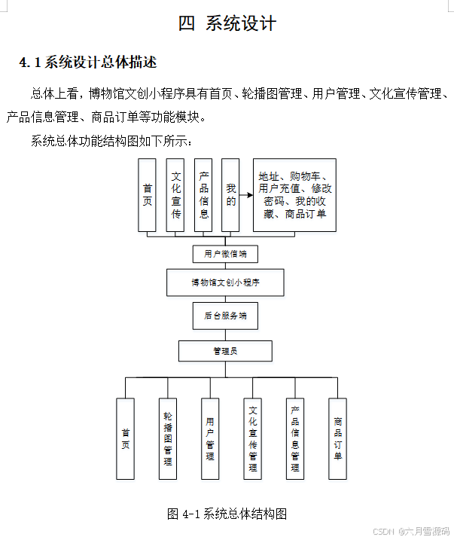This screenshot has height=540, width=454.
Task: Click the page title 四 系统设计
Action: click(x=227, y=23)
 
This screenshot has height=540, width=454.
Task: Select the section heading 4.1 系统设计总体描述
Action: click(x=88, y=62)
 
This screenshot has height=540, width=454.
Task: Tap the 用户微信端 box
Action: click(x=225, y=253)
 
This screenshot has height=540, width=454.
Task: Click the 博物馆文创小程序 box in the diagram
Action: click(x=225, y=283)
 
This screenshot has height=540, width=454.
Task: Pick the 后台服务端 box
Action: click(x=225, y=316)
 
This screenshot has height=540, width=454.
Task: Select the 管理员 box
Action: click(x=225, y=351)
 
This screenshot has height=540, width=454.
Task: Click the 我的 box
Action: click(x=230, y=195)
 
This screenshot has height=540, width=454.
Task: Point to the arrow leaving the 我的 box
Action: click(x=245, y=195)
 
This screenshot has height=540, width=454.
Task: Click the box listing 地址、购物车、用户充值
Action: click(x=294, y=195)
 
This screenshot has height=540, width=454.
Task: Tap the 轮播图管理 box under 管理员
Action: click(x=168, y=439)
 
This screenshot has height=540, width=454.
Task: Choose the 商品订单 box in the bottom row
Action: click(x=338, y=439)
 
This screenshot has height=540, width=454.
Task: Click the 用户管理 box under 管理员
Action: click(x=210, y=439)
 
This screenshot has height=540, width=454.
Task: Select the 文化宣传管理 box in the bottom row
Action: click(x=252, y=439)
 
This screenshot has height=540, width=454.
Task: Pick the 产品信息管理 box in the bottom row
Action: click(x=295, y=439)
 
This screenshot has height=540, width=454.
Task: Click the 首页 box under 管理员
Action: click(x=126, y=439)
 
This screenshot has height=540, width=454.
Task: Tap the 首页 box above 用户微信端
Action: click(x=148, y=195)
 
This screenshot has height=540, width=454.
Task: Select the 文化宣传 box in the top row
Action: click(x=175, y=195)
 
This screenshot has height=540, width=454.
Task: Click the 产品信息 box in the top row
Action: click(x=203, y=195)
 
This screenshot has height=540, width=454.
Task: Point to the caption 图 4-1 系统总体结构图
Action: click(x=227, y=514)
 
